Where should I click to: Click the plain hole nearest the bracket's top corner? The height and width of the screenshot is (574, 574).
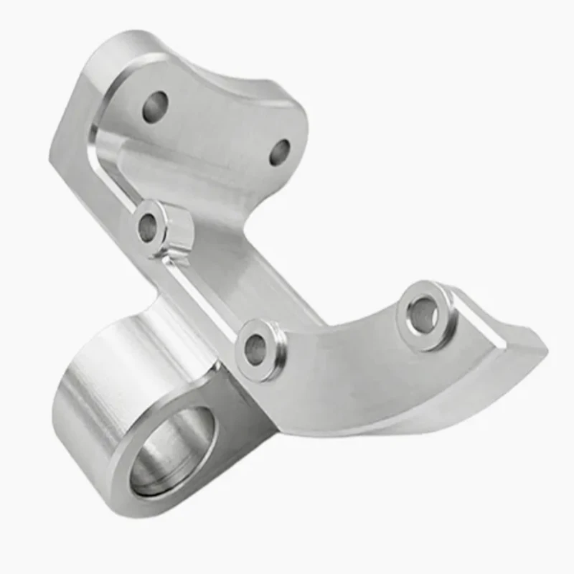point(154,106)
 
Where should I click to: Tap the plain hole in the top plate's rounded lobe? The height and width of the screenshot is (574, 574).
point(279,151)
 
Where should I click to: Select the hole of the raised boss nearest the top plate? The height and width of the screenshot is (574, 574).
point(148,228)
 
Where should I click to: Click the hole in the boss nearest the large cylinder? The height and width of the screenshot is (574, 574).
point(255,349)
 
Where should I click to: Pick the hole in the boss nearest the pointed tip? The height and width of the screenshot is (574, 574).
point(422,314)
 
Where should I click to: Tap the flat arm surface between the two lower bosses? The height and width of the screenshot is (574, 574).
point(337,337)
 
